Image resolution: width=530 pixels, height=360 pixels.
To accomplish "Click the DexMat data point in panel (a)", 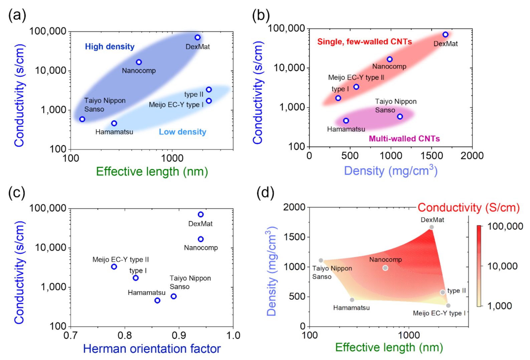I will [x=198, y=37].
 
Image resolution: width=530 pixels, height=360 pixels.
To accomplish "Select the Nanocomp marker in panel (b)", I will [x=390, y=59].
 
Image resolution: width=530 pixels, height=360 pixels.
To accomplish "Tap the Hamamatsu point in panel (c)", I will [x=157, y=300].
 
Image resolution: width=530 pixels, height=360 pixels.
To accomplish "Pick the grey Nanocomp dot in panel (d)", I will [x=385, y=268].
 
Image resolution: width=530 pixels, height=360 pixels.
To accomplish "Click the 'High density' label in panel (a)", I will [x=110, y=47].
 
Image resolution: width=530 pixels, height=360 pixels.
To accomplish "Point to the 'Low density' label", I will [x=182, y=132].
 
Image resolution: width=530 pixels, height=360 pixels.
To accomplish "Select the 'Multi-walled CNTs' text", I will [x=404, y=139].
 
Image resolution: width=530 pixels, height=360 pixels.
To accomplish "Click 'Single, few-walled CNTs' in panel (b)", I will [x=364, y=42].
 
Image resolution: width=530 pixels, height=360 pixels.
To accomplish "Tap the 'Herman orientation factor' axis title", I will [x=152, y=349].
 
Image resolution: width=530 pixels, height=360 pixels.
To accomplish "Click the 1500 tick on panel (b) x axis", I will [x=431, y=156].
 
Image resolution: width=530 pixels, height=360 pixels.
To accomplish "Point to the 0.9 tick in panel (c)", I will [x=179, y=335].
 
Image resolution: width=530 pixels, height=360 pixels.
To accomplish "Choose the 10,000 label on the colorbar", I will [x=502, y=266].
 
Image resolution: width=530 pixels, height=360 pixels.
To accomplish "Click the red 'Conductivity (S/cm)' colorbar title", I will [x=469, y=207].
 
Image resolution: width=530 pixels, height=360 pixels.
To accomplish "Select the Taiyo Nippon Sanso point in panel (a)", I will [x=82, y=119].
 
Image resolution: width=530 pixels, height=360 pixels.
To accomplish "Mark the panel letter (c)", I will [x=17, y=193].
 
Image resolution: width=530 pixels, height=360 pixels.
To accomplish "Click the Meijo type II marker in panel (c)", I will [x=114, y=266].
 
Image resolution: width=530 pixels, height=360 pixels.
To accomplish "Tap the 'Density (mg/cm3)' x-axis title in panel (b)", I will [x=390, y=171].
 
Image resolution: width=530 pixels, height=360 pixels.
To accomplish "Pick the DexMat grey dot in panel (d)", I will [x=431, y=227].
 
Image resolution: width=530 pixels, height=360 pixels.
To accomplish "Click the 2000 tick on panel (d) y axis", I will [x=294, y=207].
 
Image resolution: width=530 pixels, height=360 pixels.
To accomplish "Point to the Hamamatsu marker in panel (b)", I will [x=346, y=121].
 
